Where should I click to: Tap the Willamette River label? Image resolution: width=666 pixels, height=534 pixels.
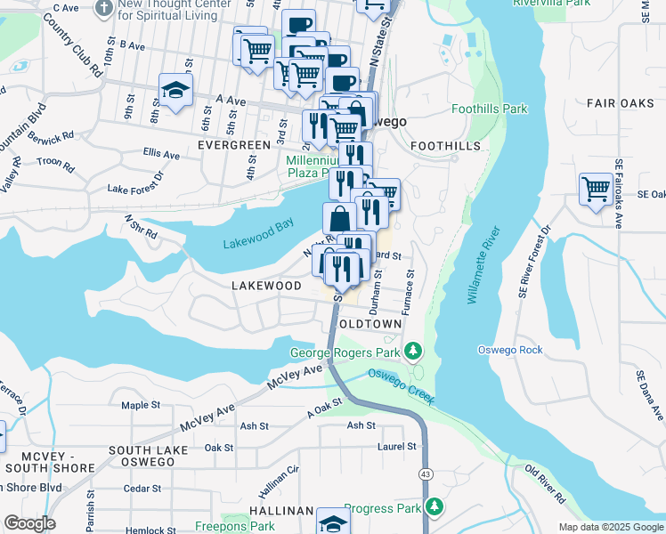(483, 265)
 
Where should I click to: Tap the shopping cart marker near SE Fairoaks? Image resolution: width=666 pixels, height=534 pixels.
(596, 189)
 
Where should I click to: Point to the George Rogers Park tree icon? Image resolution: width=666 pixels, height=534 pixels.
(412, 352)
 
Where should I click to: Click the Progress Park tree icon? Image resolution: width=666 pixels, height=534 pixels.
(434, 506)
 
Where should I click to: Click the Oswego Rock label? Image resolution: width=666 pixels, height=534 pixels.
(509, 350)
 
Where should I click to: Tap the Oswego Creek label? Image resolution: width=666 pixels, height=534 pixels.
(401, 387)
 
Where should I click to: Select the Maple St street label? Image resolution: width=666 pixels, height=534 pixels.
(141, 405)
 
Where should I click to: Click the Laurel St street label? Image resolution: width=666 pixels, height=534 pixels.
(397, 446)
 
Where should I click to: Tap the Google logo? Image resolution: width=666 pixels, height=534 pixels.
(29, 523)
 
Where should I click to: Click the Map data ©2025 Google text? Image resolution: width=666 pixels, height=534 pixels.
(611, 527)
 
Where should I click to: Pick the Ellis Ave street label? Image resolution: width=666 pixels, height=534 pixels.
(161, 154)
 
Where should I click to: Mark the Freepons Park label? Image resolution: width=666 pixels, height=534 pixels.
(233, 526)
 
